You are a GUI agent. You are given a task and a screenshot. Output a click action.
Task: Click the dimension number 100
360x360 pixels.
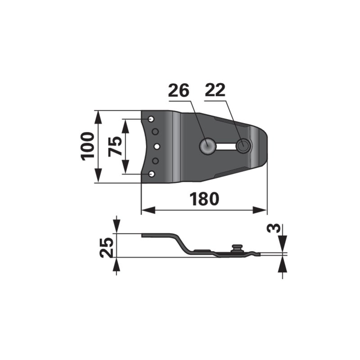[x=88, y=146]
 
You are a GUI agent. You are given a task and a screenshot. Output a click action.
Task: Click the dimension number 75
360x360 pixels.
[x=115, y=146]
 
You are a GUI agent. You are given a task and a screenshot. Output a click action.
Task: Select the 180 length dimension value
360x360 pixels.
[x=204, y=199]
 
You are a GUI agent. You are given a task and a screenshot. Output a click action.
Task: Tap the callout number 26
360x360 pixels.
[x=179, y=90]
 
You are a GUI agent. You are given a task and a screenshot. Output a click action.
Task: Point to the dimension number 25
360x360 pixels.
[x=107, y=247]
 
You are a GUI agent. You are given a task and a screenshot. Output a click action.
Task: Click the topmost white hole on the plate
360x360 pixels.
[x=151, y=119]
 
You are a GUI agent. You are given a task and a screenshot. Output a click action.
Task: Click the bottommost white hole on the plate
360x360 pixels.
[x=151, y=174]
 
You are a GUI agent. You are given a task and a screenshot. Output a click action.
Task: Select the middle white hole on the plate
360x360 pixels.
[x=157, y=146]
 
